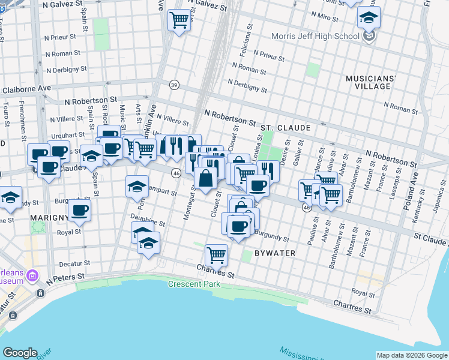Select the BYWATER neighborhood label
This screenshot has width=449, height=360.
tap(275, 253)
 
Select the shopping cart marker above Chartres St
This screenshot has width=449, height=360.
tap(216, 254)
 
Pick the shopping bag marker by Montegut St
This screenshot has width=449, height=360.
tap(205, 178)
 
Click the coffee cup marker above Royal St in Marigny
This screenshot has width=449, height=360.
tap(79, 210)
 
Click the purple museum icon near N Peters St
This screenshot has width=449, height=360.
tap(32, 277)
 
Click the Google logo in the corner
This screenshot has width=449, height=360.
tap(20, 353)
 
